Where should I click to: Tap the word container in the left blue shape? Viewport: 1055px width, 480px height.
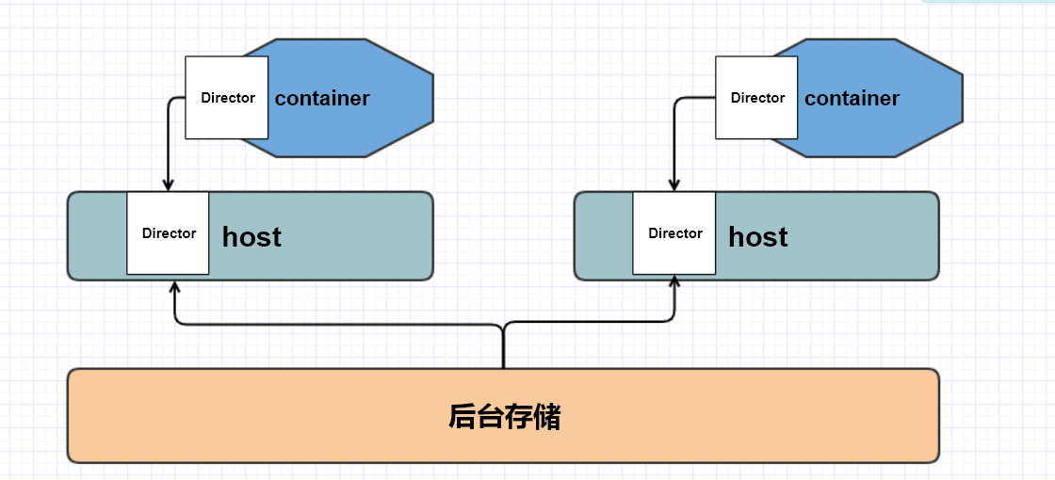coord(322,98)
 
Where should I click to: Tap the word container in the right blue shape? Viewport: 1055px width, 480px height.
coord(852,98)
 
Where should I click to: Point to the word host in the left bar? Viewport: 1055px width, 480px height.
coord(252,236)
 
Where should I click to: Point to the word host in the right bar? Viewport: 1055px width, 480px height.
coord(758,236)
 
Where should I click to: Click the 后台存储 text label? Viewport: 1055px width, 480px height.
coord(504,416)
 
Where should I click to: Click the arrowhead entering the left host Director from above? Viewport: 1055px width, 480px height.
coord(168,185)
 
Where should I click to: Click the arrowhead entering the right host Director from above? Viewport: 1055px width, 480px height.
coord(674,185)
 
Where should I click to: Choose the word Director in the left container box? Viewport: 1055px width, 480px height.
coord(228,98)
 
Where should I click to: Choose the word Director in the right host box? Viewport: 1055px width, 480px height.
coord(675,233)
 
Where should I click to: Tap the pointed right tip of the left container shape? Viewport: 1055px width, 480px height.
coord(432,98)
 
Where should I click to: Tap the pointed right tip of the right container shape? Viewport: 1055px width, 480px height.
coord(962,98)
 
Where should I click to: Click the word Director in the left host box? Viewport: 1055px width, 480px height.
coord(169,233)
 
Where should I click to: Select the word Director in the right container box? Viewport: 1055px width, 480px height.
coord(757,98)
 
